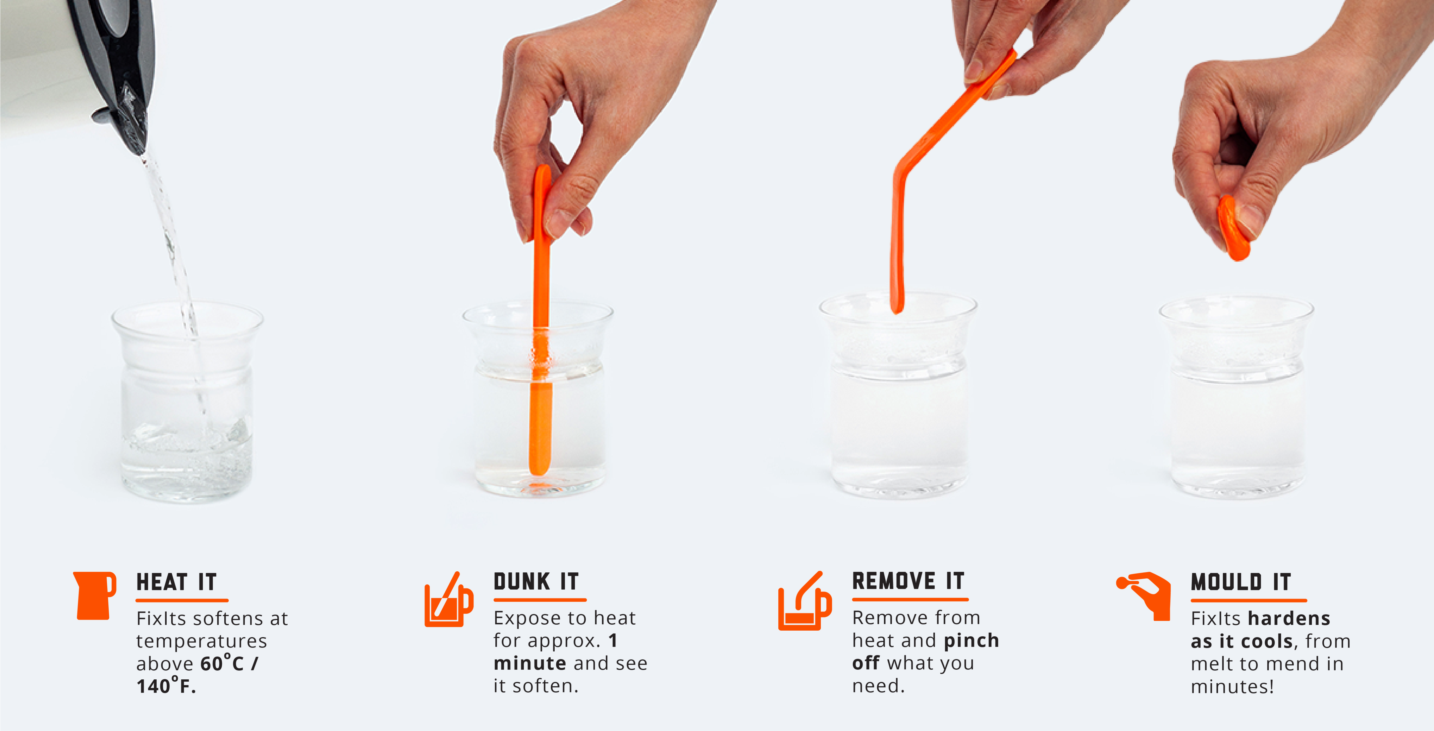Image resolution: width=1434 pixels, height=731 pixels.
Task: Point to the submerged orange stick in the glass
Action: click(540, 423)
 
